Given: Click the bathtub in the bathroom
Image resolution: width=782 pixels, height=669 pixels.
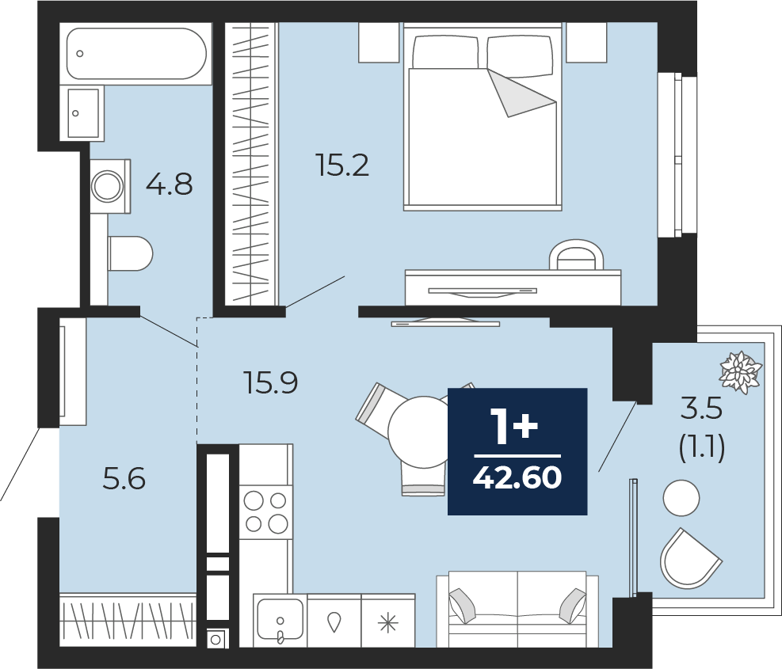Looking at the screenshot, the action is point(136,53).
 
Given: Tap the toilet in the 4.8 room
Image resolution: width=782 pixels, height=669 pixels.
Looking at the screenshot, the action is point(130,253).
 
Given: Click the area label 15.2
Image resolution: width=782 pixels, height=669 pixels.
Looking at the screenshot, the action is point(342,165).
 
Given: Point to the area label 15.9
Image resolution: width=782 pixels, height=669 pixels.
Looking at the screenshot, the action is point(271,382).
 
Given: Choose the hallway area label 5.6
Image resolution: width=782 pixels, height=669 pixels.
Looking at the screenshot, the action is point(124,478).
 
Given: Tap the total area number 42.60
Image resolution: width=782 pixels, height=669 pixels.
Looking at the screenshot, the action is point(517,477).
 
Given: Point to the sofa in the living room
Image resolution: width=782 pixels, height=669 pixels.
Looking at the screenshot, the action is point(517,609).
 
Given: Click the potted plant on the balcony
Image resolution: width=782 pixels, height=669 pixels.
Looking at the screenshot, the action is point(741,372).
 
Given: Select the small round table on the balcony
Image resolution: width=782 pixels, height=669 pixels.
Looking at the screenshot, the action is point(681,497).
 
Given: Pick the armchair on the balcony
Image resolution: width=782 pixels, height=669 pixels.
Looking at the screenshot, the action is point(690,558).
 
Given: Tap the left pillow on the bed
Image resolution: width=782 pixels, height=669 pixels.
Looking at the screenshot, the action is point(445,52).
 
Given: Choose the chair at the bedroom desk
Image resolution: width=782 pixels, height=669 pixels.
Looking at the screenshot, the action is point(576,255).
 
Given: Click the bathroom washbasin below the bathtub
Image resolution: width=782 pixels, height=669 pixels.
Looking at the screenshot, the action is point(82,113).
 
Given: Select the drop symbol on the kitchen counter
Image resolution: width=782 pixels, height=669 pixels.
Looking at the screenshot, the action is point(334,621).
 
